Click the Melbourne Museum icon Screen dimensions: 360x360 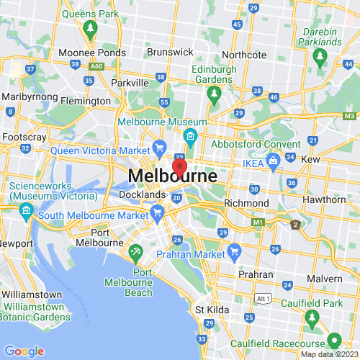click(x=190, y=136)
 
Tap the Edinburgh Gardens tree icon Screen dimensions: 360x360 click(x=214, y=93)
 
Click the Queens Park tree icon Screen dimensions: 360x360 click(x=90, y=29)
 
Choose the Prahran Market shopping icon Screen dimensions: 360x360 click(x=234, y=251)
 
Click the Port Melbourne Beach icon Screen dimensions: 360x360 click(x=136, y=253)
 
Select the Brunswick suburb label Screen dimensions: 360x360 click(x=173, y=52)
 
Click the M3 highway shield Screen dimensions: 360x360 click(x=350, y=116)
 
